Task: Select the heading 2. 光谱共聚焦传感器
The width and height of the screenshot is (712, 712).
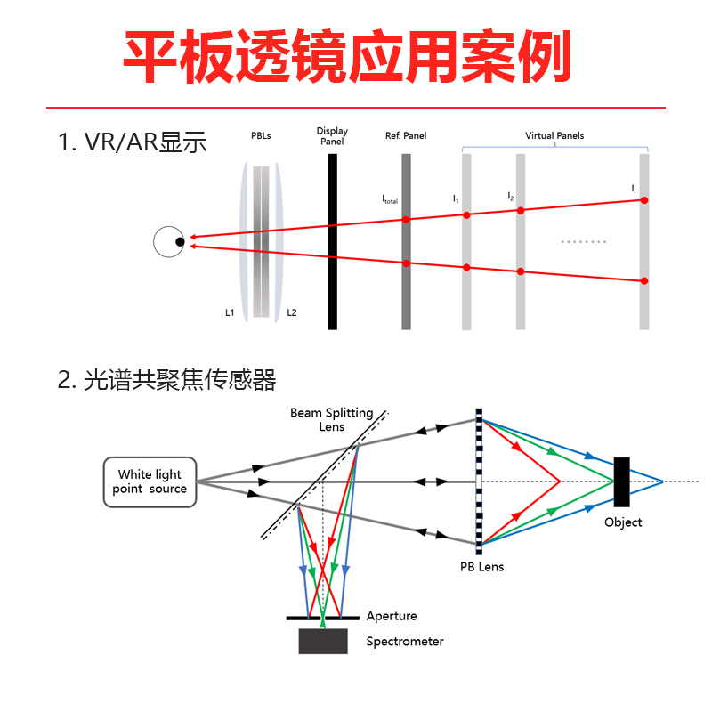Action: [166, 380]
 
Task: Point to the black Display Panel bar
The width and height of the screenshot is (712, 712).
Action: [332, 241]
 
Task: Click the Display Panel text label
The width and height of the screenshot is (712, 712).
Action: [332, 136]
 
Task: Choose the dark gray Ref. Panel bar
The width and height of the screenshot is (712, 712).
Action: [406, 241]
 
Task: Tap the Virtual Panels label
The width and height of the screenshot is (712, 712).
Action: [554, 136]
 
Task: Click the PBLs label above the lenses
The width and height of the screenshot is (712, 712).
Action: [261, 136]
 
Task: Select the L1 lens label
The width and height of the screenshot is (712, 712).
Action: [230, 313]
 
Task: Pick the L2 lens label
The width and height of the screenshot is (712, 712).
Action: [292, 313]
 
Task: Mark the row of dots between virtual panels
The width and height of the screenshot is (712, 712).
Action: [585, 241]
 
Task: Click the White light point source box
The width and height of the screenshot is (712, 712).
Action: [150, 481]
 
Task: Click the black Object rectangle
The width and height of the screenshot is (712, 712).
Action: [621, 481]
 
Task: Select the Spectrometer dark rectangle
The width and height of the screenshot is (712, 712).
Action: [323, 641]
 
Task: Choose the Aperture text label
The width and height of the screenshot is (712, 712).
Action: [391, 616]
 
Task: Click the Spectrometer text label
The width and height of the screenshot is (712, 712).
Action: [404, 641]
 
